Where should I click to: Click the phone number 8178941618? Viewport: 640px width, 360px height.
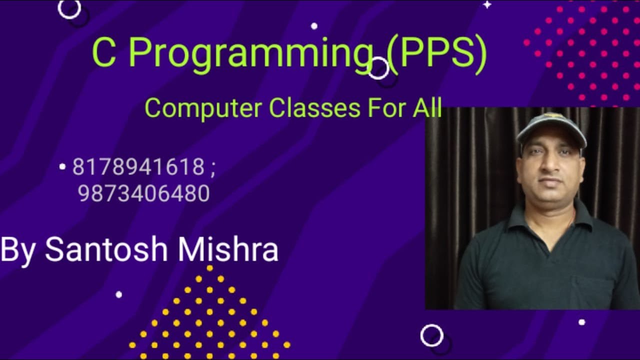tap(138, 167)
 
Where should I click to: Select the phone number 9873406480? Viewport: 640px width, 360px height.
tap(144, 193)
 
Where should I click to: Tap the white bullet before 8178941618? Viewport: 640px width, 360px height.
tap(62, 167)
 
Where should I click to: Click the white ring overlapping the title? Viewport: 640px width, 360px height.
tap(378, 68)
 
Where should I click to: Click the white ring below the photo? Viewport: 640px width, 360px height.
tap(431, 335)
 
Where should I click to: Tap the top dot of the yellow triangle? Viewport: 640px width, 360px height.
tap(209, 268)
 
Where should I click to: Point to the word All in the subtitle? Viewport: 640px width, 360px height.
tap(427, 107)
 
